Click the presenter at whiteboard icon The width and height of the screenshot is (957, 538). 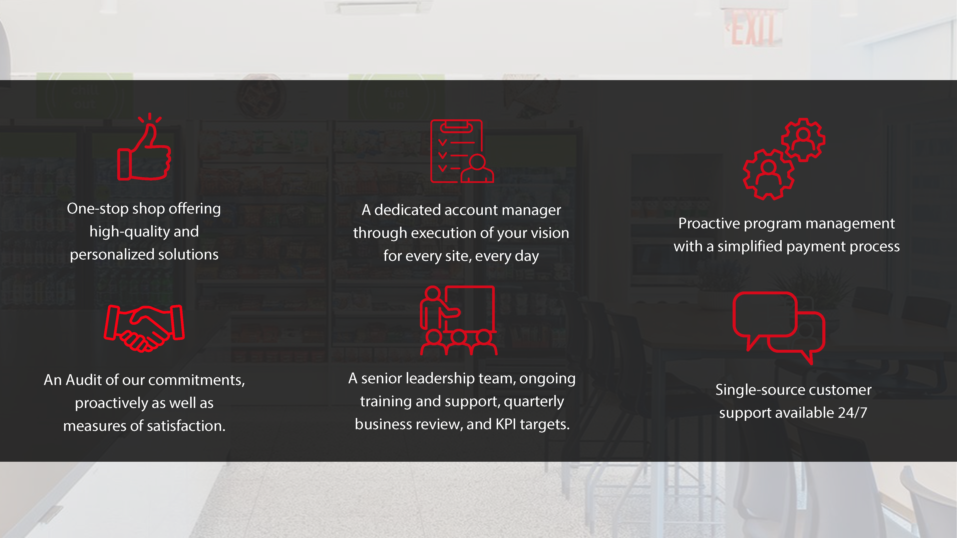pos(458,320)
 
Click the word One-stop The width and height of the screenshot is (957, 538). pos(98,209)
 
